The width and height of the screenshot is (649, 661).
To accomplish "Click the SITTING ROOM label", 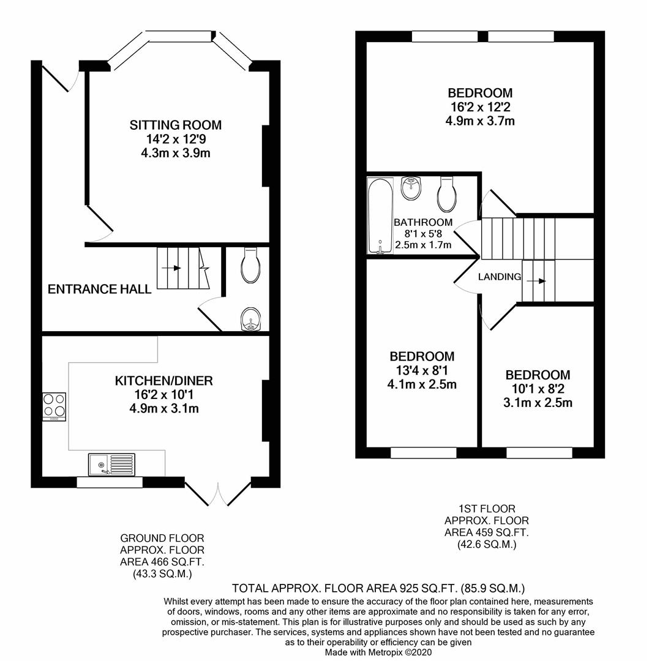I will (175, 125).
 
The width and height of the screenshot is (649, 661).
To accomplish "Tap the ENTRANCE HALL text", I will (100, 289).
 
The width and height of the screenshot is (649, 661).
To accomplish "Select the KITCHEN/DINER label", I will (163, 381).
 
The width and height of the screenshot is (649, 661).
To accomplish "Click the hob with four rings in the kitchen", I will (54, 405).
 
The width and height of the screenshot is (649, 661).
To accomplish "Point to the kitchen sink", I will (111, 465).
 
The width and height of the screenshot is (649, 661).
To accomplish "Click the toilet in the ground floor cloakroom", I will (252, 265).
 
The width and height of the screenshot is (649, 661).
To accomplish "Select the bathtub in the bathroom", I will (380, 215).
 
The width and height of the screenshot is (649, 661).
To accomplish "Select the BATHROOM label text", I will (423, 223).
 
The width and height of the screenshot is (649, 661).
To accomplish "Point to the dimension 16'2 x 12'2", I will (480, 107).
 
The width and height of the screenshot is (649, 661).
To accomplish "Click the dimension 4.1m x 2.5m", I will (422, 384).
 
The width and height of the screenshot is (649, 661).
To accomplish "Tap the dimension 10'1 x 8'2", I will (538, 389).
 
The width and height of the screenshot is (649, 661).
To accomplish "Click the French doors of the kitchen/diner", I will (218, 493).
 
